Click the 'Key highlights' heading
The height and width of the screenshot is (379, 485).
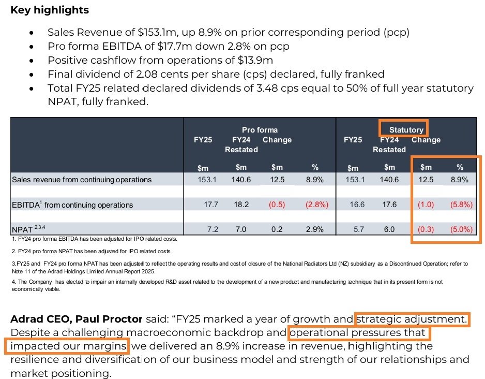50,10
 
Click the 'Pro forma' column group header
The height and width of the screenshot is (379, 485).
260,130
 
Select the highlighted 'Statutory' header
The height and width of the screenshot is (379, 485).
406,130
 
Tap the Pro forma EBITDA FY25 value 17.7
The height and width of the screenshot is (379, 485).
211,205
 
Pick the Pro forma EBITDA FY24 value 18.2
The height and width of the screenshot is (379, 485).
241,205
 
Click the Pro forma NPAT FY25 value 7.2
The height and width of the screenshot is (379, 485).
211,229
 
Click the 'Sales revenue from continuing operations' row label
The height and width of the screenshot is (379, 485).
82,180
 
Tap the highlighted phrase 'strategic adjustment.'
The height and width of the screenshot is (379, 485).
412,318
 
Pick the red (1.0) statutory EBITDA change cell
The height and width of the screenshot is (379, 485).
426,205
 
